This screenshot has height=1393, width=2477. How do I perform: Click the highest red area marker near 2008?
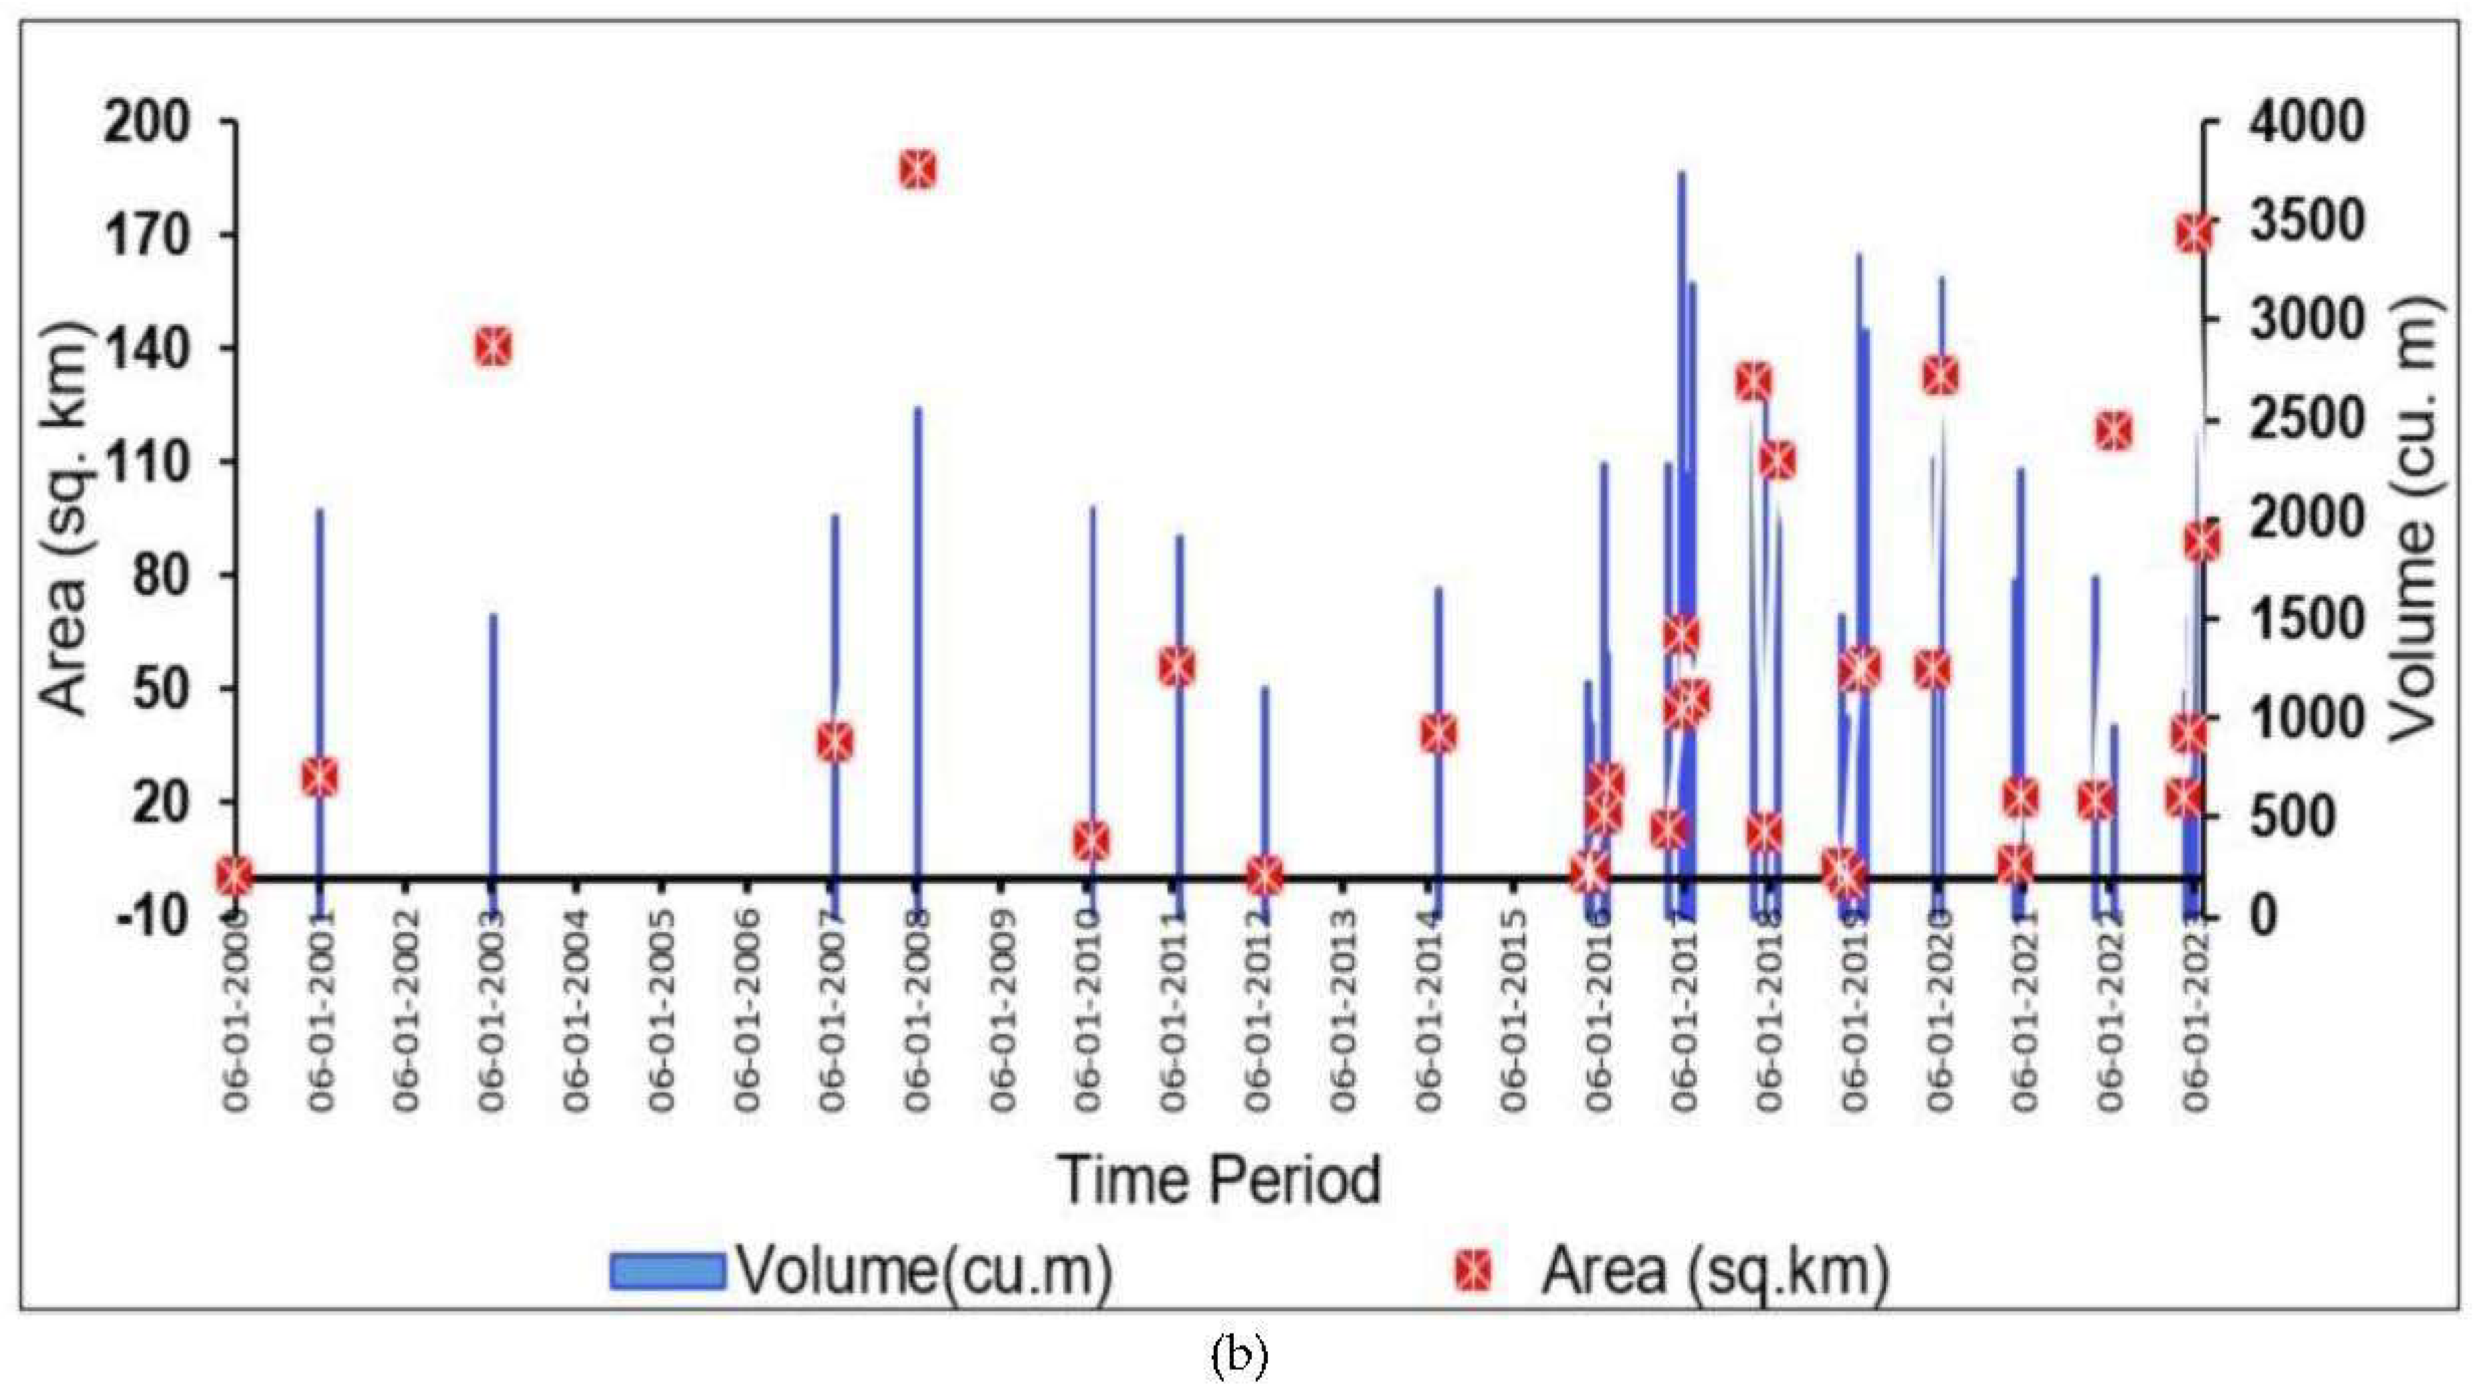[x=918, y=170]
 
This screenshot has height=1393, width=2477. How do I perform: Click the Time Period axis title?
[x=1218, y=1180]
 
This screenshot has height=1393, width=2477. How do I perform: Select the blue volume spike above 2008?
[x=918, y=577]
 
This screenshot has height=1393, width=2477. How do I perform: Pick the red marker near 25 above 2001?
[x=320, y=777]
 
